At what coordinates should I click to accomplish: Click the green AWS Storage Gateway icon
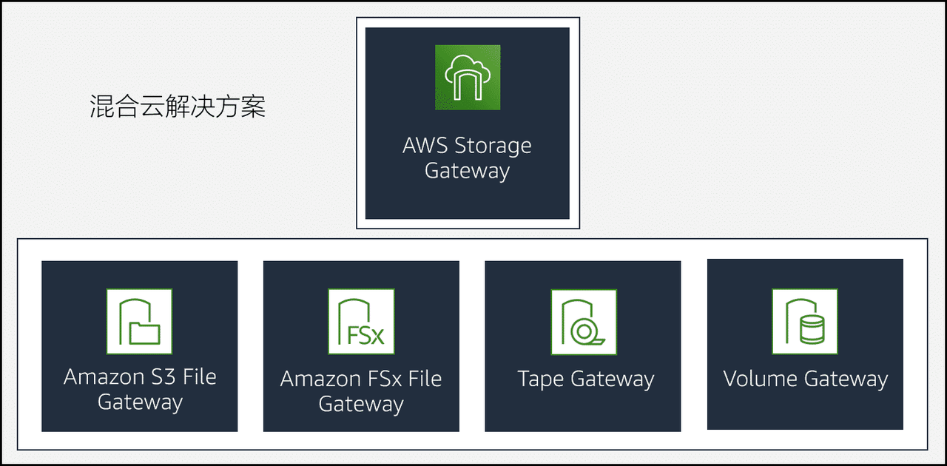(x=467, y=77)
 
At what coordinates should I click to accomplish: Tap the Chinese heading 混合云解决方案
(x=178, y=107)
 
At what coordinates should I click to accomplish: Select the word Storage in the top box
(x=493, y=146)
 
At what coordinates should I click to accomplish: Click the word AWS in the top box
(x=425, y=145)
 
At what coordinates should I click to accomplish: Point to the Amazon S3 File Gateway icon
(x=139, y=321)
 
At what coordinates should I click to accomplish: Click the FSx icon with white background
(x=361, y=321)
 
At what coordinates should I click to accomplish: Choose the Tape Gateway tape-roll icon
(x=583, y=321)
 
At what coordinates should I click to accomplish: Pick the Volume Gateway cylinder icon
(x=805, y=321)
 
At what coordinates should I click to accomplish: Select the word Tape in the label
(x=541, y=379)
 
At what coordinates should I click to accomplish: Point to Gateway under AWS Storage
(x=467, y=171)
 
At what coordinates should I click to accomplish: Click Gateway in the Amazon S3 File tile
(x=140, y=402)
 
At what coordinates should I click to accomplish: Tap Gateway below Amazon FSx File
(x=361, y=405)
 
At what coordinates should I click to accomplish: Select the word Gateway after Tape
(x=613, y=380)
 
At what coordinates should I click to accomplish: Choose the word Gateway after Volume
(x=846, y=380)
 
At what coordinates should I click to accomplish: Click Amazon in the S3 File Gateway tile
(x=103, y=377)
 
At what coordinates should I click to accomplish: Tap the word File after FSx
(x=425, y=379)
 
